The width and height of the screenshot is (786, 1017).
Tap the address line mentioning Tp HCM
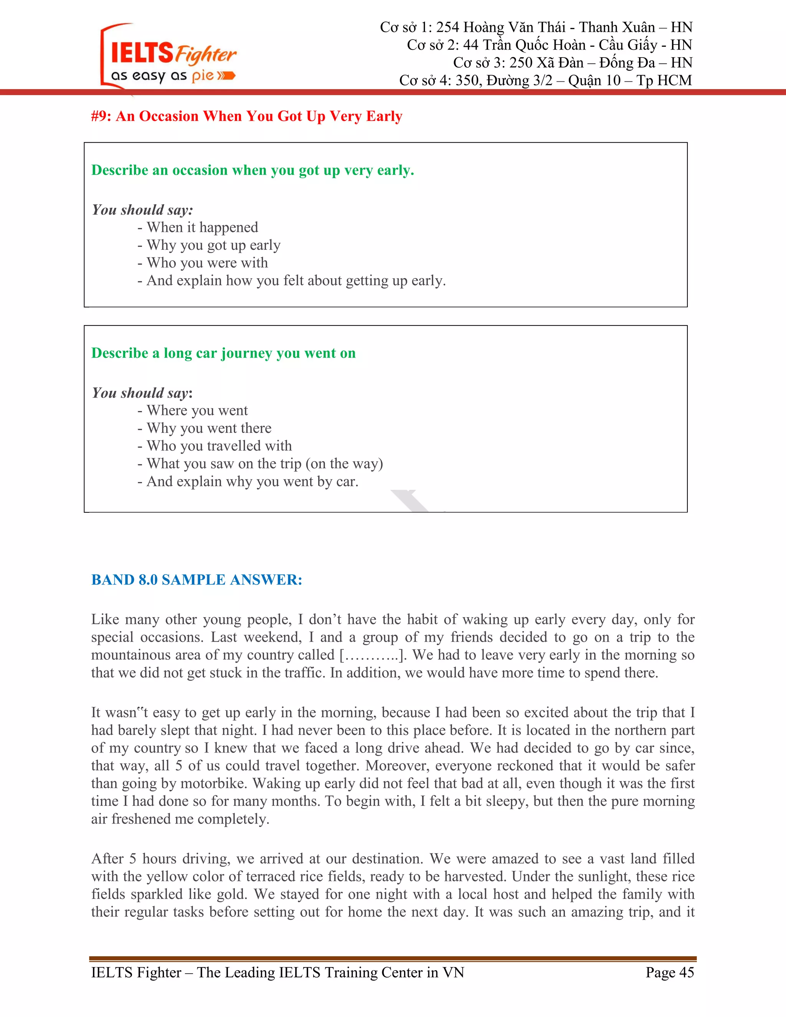[545, 81]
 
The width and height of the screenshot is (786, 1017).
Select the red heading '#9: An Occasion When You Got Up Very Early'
[246, 116]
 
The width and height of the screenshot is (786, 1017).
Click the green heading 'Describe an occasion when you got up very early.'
[253, 170]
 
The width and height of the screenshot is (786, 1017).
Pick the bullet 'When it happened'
[202, 227]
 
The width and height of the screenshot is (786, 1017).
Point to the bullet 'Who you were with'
[207, 263]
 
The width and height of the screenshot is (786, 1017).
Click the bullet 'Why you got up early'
[213, 245]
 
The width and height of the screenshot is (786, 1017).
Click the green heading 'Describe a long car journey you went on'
[223, 353]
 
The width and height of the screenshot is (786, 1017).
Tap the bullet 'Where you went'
[197, 410]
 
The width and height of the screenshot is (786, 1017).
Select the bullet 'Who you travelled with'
[219, 446]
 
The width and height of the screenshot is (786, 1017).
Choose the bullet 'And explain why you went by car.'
[252, 482]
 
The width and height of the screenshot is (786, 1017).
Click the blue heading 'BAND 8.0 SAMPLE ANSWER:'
[196, 580]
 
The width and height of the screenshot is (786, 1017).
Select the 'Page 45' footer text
[669, 972]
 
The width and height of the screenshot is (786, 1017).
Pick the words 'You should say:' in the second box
[142, 393]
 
